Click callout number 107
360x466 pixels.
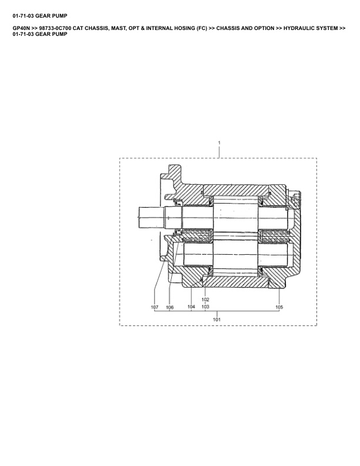coord(155,307)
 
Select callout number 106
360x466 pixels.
coord(169,307)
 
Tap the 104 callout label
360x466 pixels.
coord(191,307)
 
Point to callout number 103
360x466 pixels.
coord(205,307)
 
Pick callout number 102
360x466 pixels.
coord(205,299)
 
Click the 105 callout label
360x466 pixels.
coord(279,307)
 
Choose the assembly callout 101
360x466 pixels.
coord(217,319)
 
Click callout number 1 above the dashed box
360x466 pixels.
coord(219,142)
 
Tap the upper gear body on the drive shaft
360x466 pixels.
coord(235,218)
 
